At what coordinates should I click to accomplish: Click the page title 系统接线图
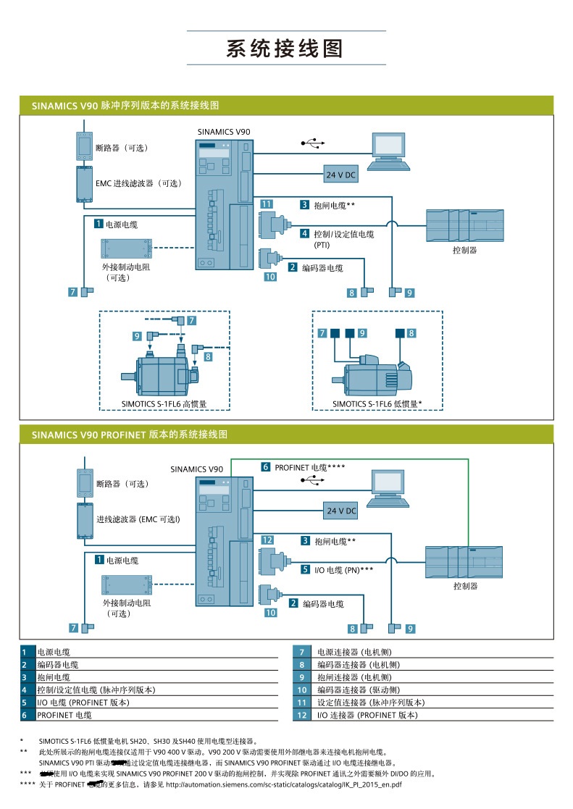pyautogui.click(x=285, y=49)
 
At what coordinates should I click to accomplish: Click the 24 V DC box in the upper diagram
pyautogui.click(x=341, y=175)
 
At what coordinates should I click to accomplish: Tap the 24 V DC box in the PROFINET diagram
pyautogui.click(x=341, y=511)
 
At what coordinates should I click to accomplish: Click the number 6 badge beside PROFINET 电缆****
pyautogui.click(x=266, y=467)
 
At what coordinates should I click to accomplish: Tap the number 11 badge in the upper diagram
pyautogui.click(x=267, y=205)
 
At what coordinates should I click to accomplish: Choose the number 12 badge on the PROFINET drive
pyautogui.click(x=267, y=540)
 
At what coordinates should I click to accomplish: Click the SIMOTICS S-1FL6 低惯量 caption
pyautogui.click(x=377, y=404)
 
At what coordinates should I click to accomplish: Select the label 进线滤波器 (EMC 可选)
pyautogui.click(x=138, y=520)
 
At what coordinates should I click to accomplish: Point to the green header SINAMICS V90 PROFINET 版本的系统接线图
pyautogui.click(x=130, y=435)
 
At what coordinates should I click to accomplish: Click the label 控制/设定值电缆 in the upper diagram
pyautogui.click(x=343, y=234)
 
